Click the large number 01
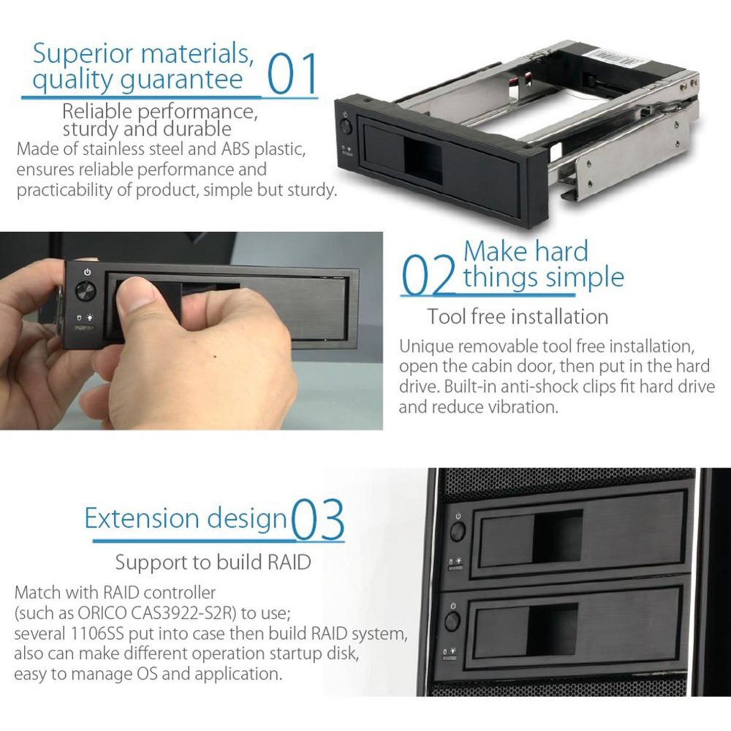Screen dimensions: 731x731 pyautogui.click(x=291, y=74)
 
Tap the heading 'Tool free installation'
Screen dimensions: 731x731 pyautogui.click(x=518, y=317)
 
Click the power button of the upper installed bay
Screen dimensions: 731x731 pyautogui.click(x=458, y=531)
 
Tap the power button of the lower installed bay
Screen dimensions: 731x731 pyautogui.click(x=453, y=620)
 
